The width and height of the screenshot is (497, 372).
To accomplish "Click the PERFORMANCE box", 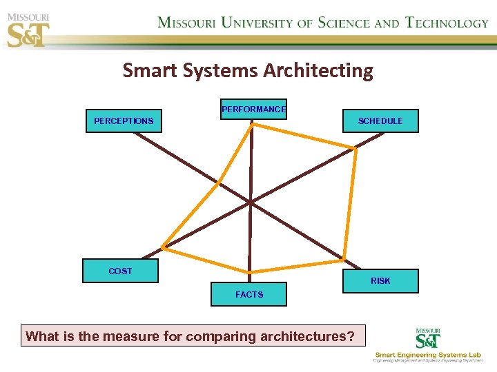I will [x=253, y=109].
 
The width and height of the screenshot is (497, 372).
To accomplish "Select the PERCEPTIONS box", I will [x=124, y=121].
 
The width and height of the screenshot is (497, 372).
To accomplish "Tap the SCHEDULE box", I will [x=380, y=121].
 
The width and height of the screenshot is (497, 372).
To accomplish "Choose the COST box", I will [x=120, y=271].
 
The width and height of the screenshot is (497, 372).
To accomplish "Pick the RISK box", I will [x=380, y=281].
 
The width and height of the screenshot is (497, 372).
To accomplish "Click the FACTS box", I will [x=249, y=294].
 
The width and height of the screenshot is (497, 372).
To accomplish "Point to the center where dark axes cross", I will [x=250, y=203].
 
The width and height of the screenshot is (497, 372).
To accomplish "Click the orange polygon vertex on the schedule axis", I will [x=355, y=147].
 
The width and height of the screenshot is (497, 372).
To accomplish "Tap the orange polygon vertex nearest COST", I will [x=162, y=247].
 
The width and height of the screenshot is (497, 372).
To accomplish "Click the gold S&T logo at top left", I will [x=28, y=31].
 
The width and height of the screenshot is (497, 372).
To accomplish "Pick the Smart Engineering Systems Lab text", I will [x=428, y=355].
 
